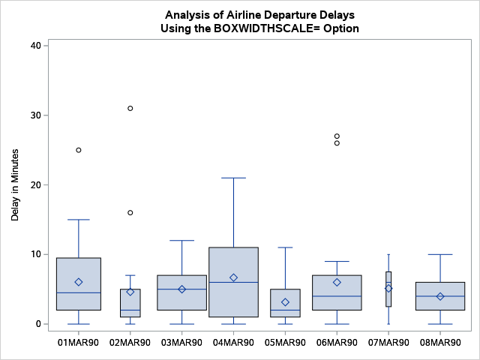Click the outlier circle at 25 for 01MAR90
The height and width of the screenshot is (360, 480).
coord(79,150)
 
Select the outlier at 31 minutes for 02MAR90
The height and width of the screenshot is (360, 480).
coord(130,108)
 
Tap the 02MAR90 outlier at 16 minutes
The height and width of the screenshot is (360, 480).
coord(130,213)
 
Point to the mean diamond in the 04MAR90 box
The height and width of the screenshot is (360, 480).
coord(233,277)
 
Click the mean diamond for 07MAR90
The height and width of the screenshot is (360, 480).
coord(388,288)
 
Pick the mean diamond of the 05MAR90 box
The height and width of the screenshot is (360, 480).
coord(285,302)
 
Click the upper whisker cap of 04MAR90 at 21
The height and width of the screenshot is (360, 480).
coord(233,178)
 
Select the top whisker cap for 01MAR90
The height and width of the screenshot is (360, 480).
coord(79,220)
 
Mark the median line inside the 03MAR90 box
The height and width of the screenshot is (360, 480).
coord(181,289)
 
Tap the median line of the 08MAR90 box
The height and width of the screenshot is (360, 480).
coord(440,296)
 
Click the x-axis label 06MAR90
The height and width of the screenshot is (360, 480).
coord(337,342)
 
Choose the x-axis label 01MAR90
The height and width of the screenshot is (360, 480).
coord(79,342)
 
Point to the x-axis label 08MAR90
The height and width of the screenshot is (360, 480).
coord(440,342)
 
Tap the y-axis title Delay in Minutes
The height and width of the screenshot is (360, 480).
coord(15,184)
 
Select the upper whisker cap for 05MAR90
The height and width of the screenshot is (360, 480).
coord(285,247)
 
